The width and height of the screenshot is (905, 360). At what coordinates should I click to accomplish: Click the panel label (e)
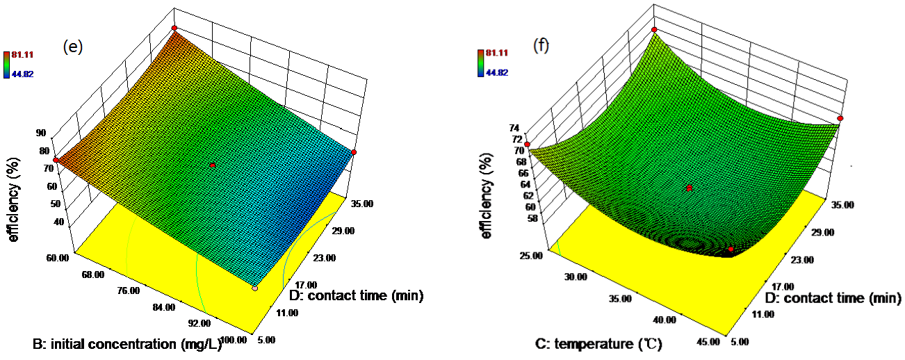[74, 47]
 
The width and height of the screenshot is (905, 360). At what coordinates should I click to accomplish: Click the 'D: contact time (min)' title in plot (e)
[356, 295]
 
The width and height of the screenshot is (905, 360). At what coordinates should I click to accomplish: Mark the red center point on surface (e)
[213, 165]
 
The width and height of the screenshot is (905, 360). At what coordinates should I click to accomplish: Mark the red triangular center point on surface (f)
[690, 188]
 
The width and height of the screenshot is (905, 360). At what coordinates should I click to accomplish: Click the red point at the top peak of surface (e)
[174, 28]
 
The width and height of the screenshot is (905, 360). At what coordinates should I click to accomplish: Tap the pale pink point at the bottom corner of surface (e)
[255, 288]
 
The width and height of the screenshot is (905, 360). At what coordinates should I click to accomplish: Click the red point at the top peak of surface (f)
[654, 29]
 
